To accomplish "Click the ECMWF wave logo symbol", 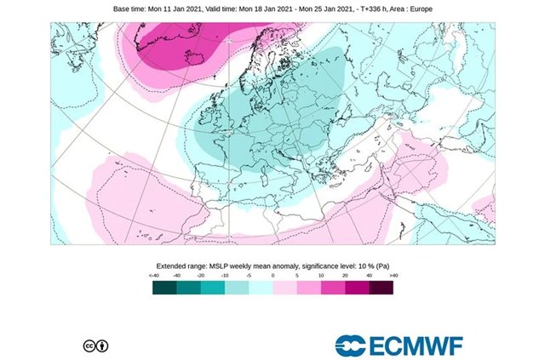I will click(351, 345).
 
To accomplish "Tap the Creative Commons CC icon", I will click(89, 346).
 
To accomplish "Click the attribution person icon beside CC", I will click(102, 346).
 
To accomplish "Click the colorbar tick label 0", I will click(272, 277).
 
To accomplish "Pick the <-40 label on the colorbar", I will click(154, 277).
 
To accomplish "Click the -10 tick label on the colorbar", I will click(225, 277).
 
